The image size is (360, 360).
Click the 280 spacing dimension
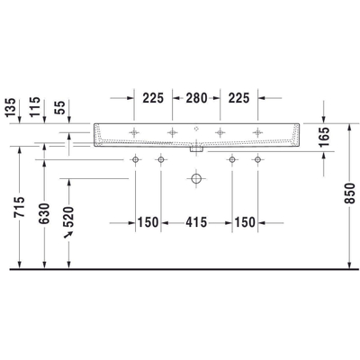[x=196, y=98]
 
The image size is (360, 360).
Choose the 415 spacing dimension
[x=196, y=221]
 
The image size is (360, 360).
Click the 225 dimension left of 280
[x=154, y=98]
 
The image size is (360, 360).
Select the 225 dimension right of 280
[x=238, y=98]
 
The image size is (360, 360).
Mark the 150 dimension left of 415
[x=148, y=221]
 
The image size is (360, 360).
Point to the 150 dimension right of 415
[x=245, y=221]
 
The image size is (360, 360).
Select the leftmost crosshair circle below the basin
[x=136, y=160]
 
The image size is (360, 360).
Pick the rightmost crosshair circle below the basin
[x=257, y=160]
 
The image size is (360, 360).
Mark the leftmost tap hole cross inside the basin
[x=136, y=133]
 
